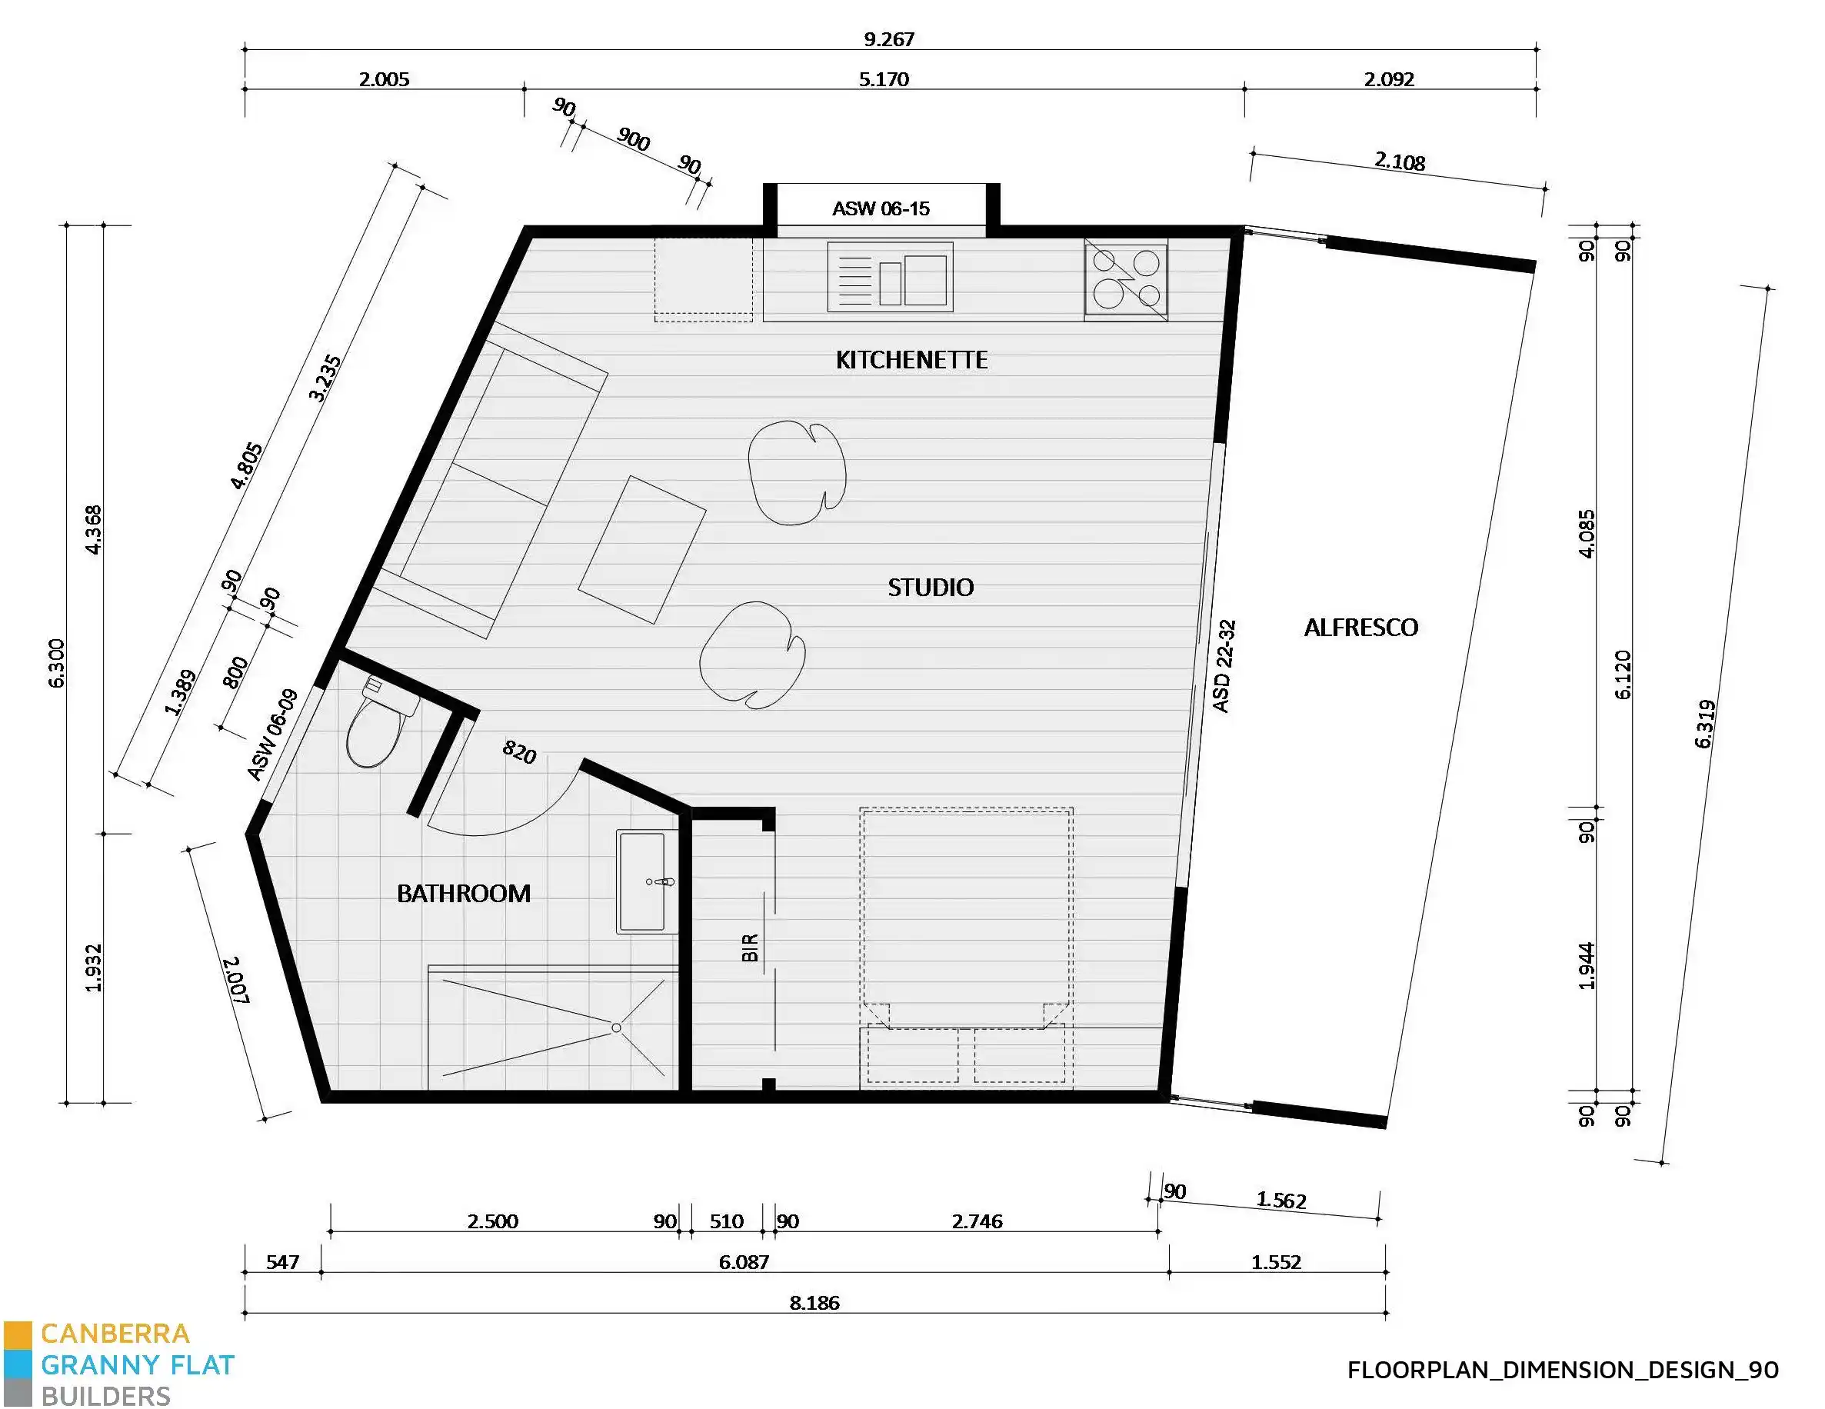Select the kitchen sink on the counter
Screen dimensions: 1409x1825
click(890, 277)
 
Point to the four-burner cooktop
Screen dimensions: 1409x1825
click(1126, 279)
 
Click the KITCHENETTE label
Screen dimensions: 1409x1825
click(911, 360)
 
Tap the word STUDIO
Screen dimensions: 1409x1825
click(930, 588)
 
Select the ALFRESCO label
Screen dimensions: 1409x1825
click(1360, 628)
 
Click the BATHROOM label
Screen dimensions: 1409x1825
click(464, 894)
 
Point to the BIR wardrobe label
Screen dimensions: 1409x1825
click(750, 948)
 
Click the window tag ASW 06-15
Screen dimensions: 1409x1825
click(881, 209)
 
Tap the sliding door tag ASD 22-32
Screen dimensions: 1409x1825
click(1224, 666)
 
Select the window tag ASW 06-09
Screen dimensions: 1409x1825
click(273, 735)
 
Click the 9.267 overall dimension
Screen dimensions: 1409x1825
click(889, 39)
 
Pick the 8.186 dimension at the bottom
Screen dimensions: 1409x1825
click(814, 1303)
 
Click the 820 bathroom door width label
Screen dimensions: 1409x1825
click(519, 752)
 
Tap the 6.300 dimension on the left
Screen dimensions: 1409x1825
click(57, 664)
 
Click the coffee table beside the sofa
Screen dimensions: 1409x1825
click(641, 549)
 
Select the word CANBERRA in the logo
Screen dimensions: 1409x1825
click(115, 1333)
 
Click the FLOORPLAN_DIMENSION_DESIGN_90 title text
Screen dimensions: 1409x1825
click(1563, 1370)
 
